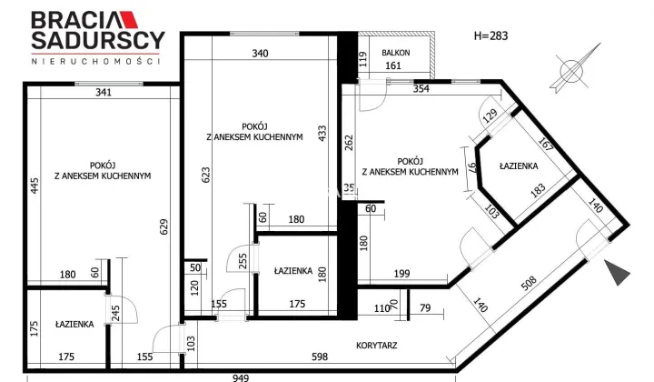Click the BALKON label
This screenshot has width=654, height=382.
tap(396, 53)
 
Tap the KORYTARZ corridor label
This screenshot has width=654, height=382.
tap(377, 346)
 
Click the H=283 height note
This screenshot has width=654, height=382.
tap(490, 35)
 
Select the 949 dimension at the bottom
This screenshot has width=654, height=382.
tap(241, 377)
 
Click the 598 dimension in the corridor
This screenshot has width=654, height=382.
tap(320, 357)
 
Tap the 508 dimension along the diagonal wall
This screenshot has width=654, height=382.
tap(529, 284)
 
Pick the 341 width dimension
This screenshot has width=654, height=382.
tap(104, 92)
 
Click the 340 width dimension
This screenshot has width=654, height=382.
tap(260, 54)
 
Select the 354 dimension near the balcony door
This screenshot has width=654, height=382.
tap(421, 88)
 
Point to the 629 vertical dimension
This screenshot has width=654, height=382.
tap(163, 226)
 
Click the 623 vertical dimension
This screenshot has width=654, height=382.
tap(205, 175)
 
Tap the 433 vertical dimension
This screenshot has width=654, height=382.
tap(322, 134)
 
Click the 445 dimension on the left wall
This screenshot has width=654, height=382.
tap(35, 186)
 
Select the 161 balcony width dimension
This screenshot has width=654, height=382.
tap(393, 65)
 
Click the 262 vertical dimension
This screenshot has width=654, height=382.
tap(349, 143)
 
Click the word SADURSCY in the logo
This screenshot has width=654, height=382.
tap(98, 41)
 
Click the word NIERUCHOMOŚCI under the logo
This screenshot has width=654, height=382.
tap(96, 61)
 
